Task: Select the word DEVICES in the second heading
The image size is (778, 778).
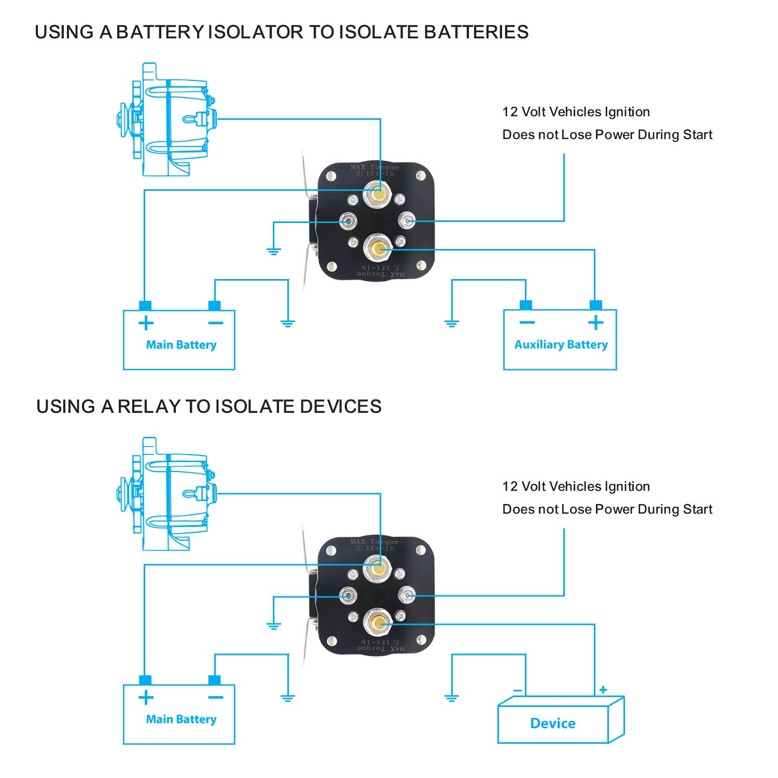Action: pyautogui.click(x=341, y=407)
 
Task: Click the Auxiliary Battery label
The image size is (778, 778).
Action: pyautogui.click(x=561, y=345)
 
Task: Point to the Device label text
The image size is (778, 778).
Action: pyautogui.click(x=552, y=724)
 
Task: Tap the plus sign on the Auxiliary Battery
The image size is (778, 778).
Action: pyautogui.click(x=596, y=323)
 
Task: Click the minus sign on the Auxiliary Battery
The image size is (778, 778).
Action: pyautogui.click(x=527, y=323)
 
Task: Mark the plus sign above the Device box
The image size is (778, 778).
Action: pyautogui.click(x=603, y=690)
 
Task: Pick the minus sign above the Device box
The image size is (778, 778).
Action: pyautogui.click(x=517, y=691)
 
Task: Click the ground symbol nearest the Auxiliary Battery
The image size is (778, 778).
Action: pyautogui.click(x=452, y=324)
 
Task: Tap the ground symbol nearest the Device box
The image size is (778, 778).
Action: pyautogui.click(x=452, y=699)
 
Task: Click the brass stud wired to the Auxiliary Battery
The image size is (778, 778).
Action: pyautogui.click(x=378, y=249)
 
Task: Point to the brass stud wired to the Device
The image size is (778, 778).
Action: pyautogui.click(x=378, y=623)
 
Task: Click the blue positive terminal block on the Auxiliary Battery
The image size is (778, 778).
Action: pyautogui.click(x=596, y=305)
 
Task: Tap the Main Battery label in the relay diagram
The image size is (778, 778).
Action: pyautogui.click(x=181, y=719)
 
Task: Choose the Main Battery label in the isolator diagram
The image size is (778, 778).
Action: pyautogui.click(x=181, y=345)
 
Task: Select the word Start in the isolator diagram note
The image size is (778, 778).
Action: pyautogui.click(x=698, y=135)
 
